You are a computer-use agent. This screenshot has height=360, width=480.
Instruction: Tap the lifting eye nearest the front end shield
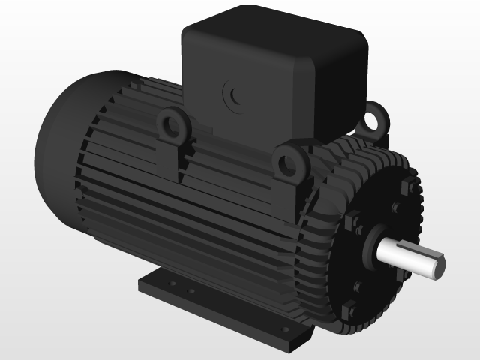[289, 162]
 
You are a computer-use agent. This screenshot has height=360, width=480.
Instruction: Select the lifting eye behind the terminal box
[376, 117]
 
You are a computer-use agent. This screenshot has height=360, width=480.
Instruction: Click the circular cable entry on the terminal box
[235, 95]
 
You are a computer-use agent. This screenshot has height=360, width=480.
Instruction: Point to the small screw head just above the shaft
[395, 208]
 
